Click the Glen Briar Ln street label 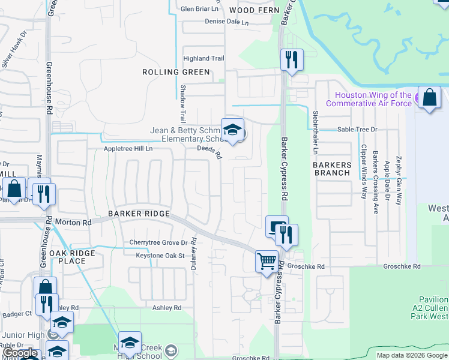point(200,9)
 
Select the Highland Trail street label point(204,58)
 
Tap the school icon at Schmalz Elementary point(232,130)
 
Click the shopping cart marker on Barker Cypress point(267,262)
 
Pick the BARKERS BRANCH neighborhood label point(332,168)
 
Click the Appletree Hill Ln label point(128,148)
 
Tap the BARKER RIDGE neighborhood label point(139,214)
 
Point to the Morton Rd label point(73,222)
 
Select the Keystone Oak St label point(159,256)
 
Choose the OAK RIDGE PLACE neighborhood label point(72,257)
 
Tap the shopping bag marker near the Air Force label point(430,98)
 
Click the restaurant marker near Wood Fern point(292,60)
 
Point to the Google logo point(19,353)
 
